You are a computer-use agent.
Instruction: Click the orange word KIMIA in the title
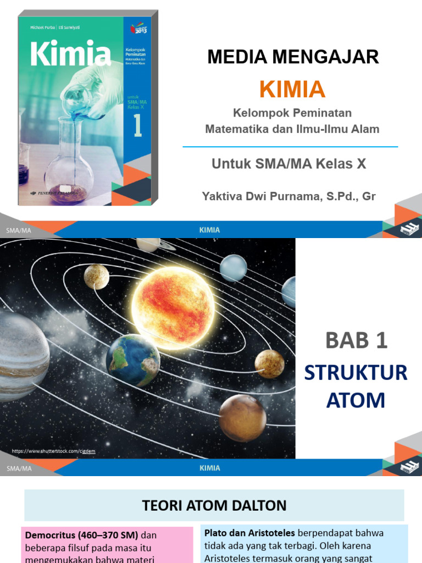pyautogui.click(x=292, y=90)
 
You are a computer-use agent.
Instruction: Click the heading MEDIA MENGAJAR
pyautogui.click(x=293, y=57)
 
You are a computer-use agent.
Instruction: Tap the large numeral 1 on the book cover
pyautogui.click(x=137, y=125)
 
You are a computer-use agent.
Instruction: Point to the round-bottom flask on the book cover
pyautogui.click(x=69, y=170)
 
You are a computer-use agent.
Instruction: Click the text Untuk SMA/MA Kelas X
pyautogui.click(x=289, y=163)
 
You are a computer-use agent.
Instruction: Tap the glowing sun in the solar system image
pyautogui.click(x=173, y=308)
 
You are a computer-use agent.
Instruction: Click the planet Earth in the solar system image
pyautogui.click(x=133, y=360)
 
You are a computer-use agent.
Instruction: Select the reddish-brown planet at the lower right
pyautogui.click(x=242, y=418)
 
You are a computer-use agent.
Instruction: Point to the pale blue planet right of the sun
pyautogui.click(x=234, y=268)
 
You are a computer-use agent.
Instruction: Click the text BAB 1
pyautogui.click(x=356, y=341)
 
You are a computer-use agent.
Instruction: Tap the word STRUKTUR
pyautogui.click(x=356, y=373)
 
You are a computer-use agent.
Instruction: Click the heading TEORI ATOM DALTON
pyautogui.click(x=214, y=505)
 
